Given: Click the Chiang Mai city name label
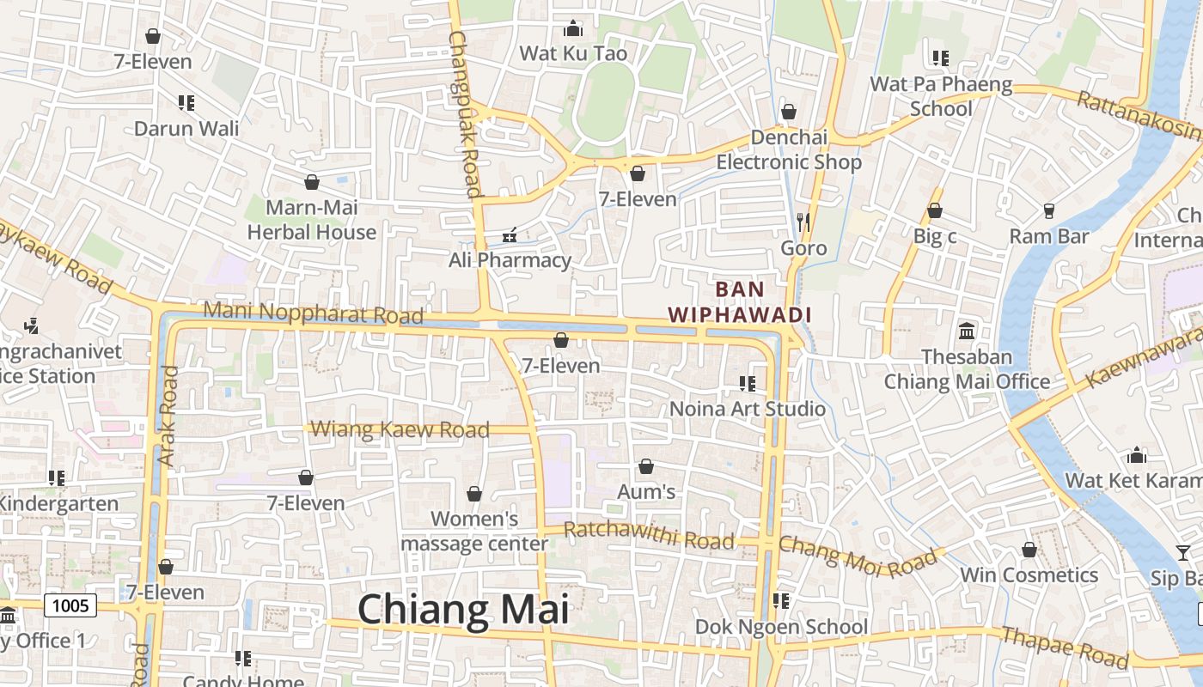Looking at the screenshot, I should [x=463, y=609].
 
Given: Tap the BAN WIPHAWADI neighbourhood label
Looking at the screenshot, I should [x=740, y=301].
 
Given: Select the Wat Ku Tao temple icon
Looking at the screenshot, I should [x=573, y=28].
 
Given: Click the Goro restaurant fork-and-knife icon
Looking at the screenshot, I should [x=803, y=222].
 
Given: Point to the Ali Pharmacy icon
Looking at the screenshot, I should [x=510, y=234].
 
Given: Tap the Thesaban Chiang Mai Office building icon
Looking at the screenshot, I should [x=967, y=331].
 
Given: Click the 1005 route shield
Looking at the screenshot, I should [x=70, y=606].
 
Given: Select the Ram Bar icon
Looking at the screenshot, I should [x=1048, y=210].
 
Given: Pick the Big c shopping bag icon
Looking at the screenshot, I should [x=935, y=210].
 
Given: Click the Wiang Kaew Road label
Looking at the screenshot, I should [x=400, y=429].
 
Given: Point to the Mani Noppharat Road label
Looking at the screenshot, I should [x=314, y=313].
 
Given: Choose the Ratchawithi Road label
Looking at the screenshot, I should [x=650, y=535].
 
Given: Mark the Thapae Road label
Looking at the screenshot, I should [x=1066, y=646].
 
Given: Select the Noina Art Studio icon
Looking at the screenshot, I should [x=747, y=383].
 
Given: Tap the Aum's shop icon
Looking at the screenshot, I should [x=646, y=466].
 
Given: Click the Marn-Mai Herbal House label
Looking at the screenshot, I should [x=312, y=220].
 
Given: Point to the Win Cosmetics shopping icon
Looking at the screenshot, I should [x=1029, y=550].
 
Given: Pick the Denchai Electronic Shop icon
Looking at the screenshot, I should [x=789, y=112].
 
